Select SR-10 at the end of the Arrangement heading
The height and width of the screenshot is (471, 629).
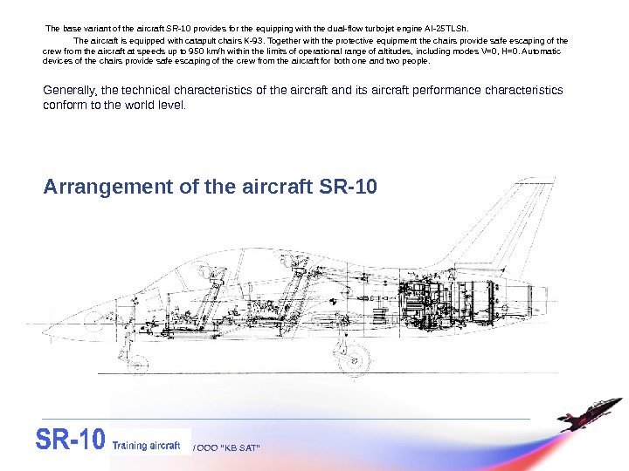click(349, 187)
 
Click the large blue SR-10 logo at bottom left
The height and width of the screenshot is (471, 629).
click(70, 440)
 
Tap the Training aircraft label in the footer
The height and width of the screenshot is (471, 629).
click(150, 445)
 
